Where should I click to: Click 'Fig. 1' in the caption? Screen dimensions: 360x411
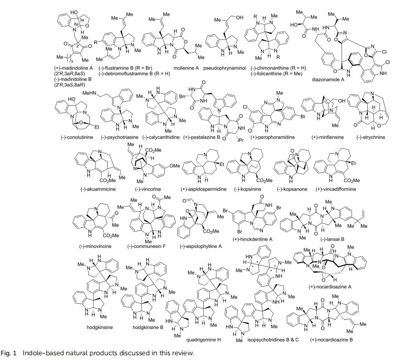(21, 353)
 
